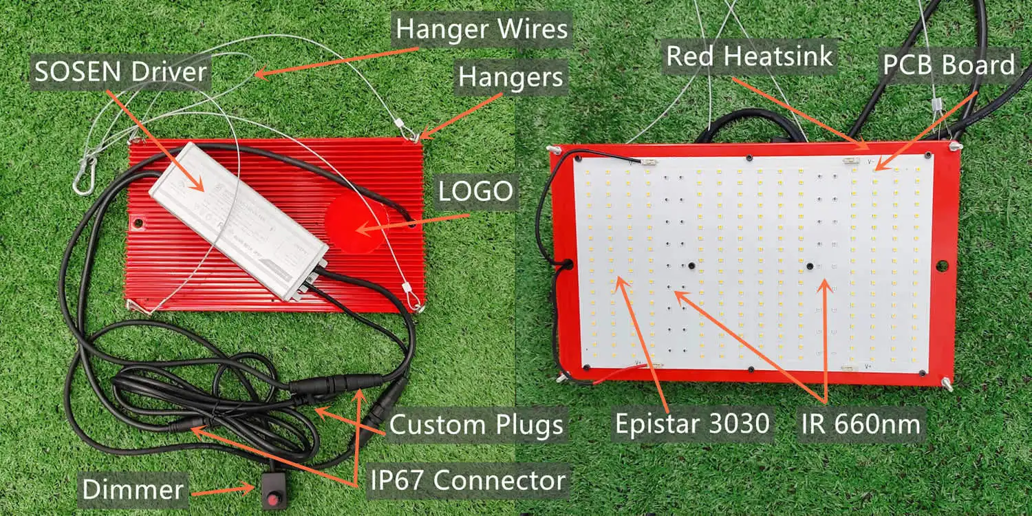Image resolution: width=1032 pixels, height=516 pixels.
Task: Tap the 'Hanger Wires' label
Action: tap(482, 30)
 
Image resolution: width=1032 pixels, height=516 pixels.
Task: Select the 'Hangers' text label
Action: tap(511, 78)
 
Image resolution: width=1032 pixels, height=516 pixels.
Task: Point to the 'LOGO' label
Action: tap(476, 192)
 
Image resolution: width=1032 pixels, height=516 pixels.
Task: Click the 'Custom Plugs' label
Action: tap(476, 425)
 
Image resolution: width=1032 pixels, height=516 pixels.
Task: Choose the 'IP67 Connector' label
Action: tap(469, 480)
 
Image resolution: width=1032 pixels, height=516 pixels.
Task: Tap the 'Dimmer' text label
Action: tap(133, 490)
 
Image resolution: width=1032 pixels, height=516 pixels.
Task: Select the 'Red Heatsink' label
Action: tap(749, 56)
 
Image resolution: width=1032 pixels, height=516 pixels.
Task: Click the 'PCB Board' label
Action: tap(949, 65)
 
